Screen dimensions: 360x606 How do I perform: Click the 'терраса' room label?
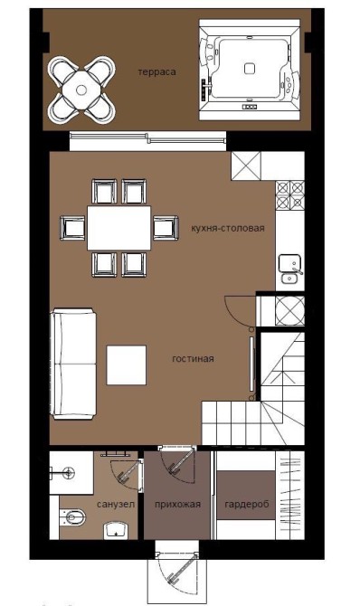(x=157, y=72)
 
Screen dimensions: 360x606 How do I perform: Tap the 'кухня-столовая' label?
(x=228, y=228)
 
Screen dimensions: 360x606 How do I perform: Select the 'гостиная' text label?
(x=193, y=359)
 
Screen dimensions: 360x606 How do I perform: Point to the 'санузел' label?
(x=116, y=505)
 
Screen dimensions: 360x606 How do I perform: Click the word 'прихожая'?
(x=177, y=505)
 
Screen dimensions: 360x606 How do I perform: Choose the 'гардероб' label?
(x=247, y=505)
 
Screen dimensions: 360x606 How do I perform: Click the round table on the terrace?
(x=81, y=90)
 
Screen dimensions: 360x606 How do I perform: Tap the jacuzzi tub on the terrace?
(x=251, y=70)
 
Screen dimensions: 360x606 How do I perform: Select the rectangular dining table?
(x=119, y=228)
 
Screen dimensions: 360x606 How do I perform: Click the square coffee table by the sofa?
(x=127, y=365)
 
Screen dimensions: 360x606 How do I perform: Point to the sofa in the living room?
(x=74, y=364)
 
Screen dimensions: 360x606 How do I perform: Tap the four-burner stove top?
(x=290, y=195)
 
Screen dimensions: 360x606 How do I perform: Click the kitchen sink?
(x=290, y=269)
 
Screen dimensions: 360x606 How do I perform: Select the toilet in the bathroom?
(x=72, y=517)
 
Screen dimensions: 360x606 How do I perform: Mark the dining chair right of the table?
(x=166, y=228)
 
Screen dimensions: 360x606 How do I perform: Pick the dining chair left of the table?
(x=72, y=228)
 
